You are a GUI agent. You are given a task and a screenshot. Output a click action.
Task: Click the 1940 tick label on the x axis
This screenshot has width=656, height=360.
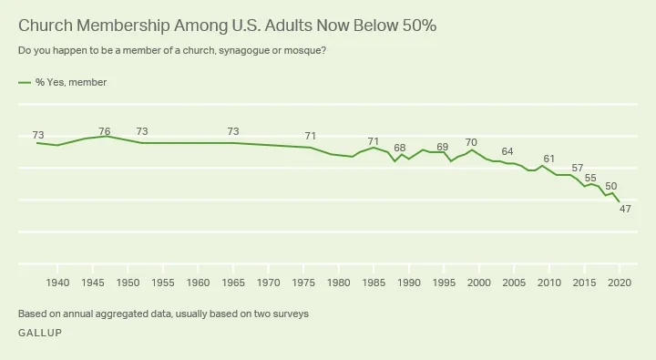click(57, 283)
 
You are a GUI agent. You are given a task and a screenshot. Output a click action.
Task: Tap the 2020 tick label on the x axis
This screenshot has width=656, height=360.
click(620, 283)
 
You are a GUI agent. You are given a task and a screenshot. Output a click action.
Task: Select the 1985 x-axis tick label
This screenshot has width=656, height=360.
click(374, 283)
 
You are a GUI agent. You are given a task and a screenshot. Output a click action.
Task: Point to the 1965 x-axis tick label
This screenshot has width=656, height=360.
click(233, 283)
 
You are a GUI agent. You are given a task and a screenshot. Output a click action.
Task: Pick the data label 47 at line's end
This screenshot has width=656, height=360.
click(625, 210)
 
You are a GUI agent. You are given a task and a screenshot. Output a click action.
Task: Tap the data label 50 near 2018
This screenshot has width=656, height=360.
click(610, 186)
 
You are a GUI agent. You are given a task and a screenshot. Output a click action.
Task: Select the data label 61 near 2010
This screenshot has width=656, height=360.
click(548, 159)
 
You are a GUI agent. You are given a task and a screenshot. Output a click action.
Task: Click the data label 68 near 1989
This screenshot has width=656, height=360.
click(399, 148)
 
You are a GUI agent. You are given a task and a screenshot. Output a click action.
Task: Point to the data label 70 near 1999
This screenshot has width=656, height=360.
click(471, 142)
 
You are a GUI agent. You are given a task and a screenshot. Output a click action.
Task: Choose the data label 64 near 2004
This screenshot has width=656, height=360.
click(507, 151)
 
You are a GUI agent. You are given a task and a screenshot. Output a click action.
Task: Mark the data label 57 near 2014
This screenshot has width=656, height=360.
click(577, 169)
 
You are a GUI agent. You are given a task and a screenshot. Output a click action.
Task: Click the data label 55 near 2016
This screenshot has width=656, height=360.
click(590, 178)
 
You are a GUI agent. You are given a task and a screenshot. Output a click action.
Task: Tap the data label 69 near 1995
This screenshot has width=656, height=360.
click(443, 147)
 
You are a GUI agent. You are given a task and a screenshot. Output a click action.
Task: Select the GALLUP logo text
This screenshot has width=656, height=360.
click(39, 333)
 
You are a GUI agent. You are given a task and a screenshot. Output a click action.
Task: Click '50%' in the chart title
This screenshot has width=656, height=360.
click(415, 26)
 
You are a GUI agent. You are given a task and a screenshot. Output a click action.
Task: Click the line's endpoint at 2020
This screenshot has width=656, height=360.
click(620, 201)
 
